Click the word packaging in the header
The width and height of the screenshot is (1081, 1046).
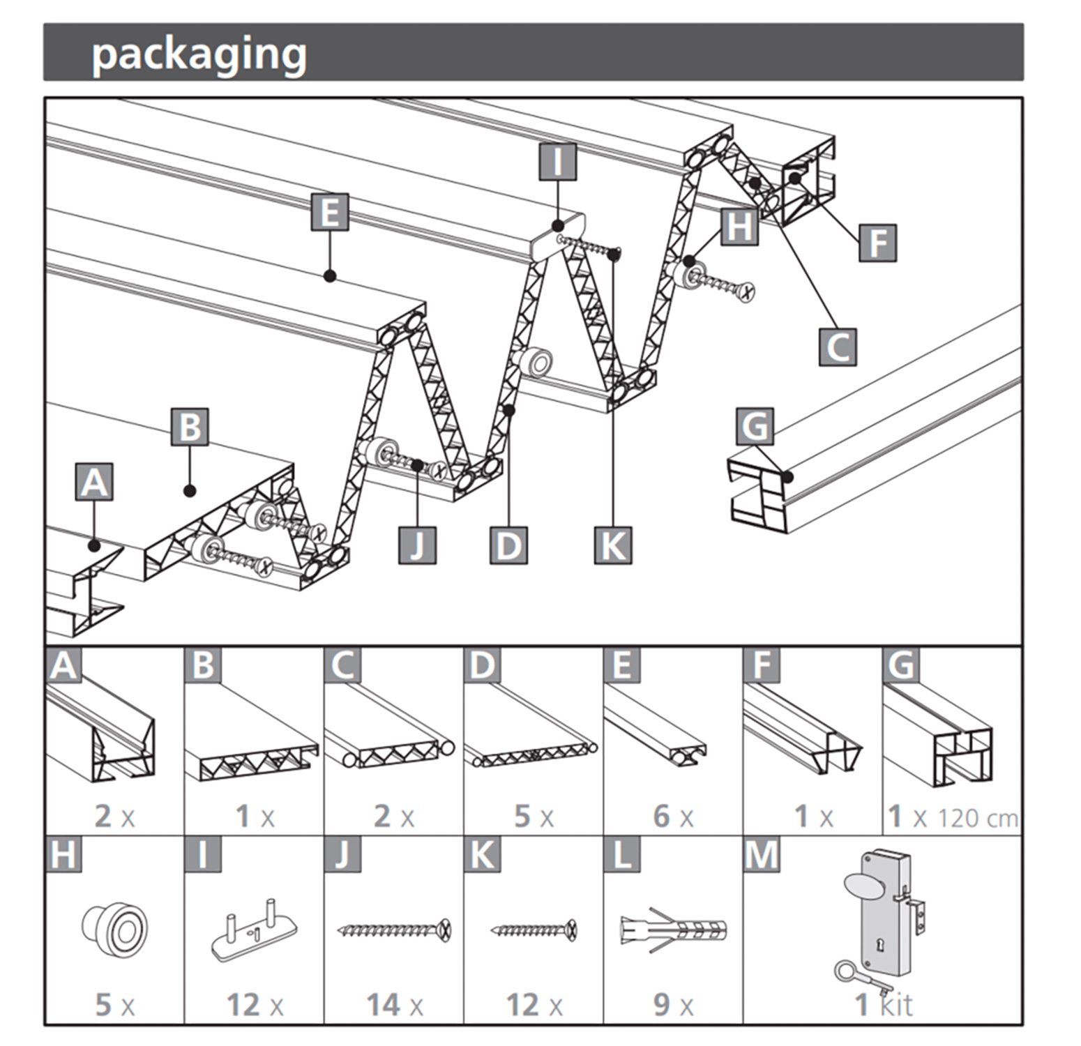[199, 54]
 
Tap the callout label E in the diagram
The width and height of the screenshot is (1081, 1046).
[330, 211]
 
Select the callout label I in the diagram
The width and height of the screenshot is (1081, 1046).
[557, 162]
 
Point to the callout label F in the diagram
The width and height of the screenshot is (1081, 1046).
[877, 243]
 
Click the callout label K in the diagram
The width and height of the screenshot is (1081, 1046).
[613, 545]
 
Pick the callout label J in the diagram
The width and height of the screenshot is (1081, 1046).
[417, 545]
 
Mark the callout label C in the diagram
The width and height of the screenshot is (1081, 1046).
[837, 347]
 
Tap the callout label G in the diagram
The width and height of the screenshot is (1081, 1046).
[755, 426]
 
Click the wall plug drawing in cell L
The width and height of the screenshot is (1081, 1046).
[673, 930]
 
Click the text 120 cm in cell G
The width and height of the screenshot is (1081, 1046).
[978, 817]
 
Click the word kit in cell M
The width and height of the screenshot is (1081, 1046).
[895, 1005]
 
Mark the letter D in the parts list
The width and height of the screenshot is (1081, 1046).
[482, 665]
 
